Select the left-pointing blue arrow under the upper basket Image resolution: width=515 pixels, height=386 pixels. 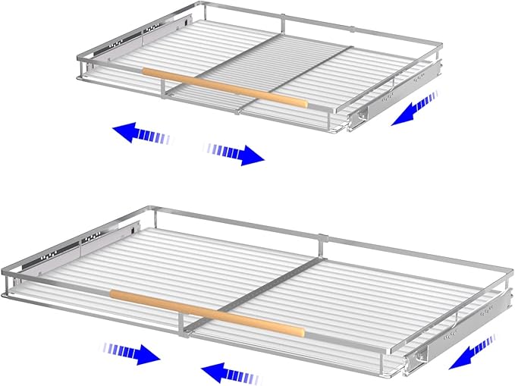click(x=141, y=134)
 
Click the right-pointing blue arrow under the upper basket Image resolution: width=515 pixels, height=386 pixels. click(x=236, y=153)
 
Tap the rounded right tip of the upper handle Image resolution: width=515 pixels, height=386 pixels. click(x=303, y=103)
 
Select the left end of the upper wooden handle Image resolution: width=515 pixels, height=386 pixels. click(x=146, y=72)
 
